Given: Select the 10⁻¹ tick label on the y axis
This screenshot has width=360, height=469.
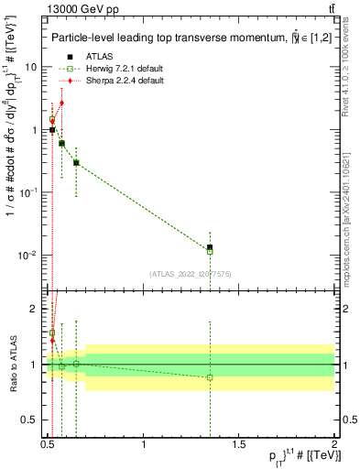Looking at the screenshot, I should click(x=28, y=192).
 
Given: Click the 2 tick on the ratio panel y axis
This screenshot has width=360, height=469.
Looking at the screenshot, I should click(x=37, y=309).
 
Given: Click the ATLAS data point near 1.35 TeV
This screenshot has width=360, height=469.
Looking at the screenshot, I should click(x=210, y=247).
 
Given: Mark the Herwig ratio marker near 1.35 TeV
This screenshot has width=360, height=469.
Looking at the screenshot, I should click(x=210, y=377).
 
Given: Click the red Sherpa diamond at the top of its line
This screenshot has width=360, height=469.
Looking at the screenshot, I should click(x=61, y=103).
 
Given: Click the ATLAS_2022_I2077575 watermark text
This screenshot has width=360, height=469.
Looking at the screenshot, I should click(x=191, y=273).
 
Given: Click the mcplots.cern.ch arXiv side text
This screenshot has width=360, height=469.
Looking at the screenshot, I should click(x=345, y=202).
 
